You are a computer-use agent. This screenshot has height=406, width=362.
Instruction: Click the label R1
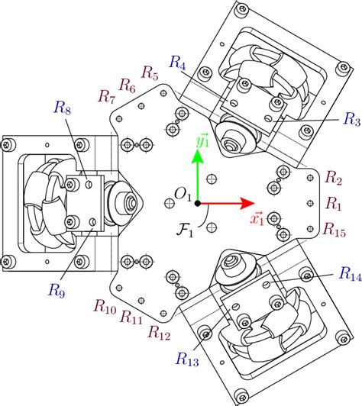coord(334,203)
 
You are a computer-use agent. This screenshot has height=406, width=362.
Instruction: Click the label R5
coord(150,75)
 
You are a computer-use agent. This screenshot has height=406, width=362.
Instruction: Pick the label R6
coord(128,83)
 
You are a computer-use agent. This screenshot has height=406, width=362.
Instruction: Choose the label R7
coord(106,95)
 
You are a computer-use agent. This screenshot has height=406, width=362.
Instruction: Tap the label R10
coord(105,307)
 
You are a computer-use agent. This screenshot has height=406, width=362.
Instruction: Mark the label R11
coord(131,320)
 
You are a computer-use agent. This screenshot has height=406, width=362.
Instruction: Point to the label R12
coord(159,332)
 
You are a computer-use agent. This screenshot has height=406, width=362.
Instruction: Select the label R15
coord(337,228)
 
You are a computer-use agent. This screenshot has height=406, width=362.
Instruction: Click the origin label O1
coord(183,195)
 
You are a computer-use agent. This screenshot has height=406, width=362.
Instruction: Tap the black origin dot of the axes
coord(197,204)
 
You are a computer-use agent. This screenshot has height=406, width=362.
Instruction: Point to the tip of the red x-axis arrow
coord(253,204)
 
